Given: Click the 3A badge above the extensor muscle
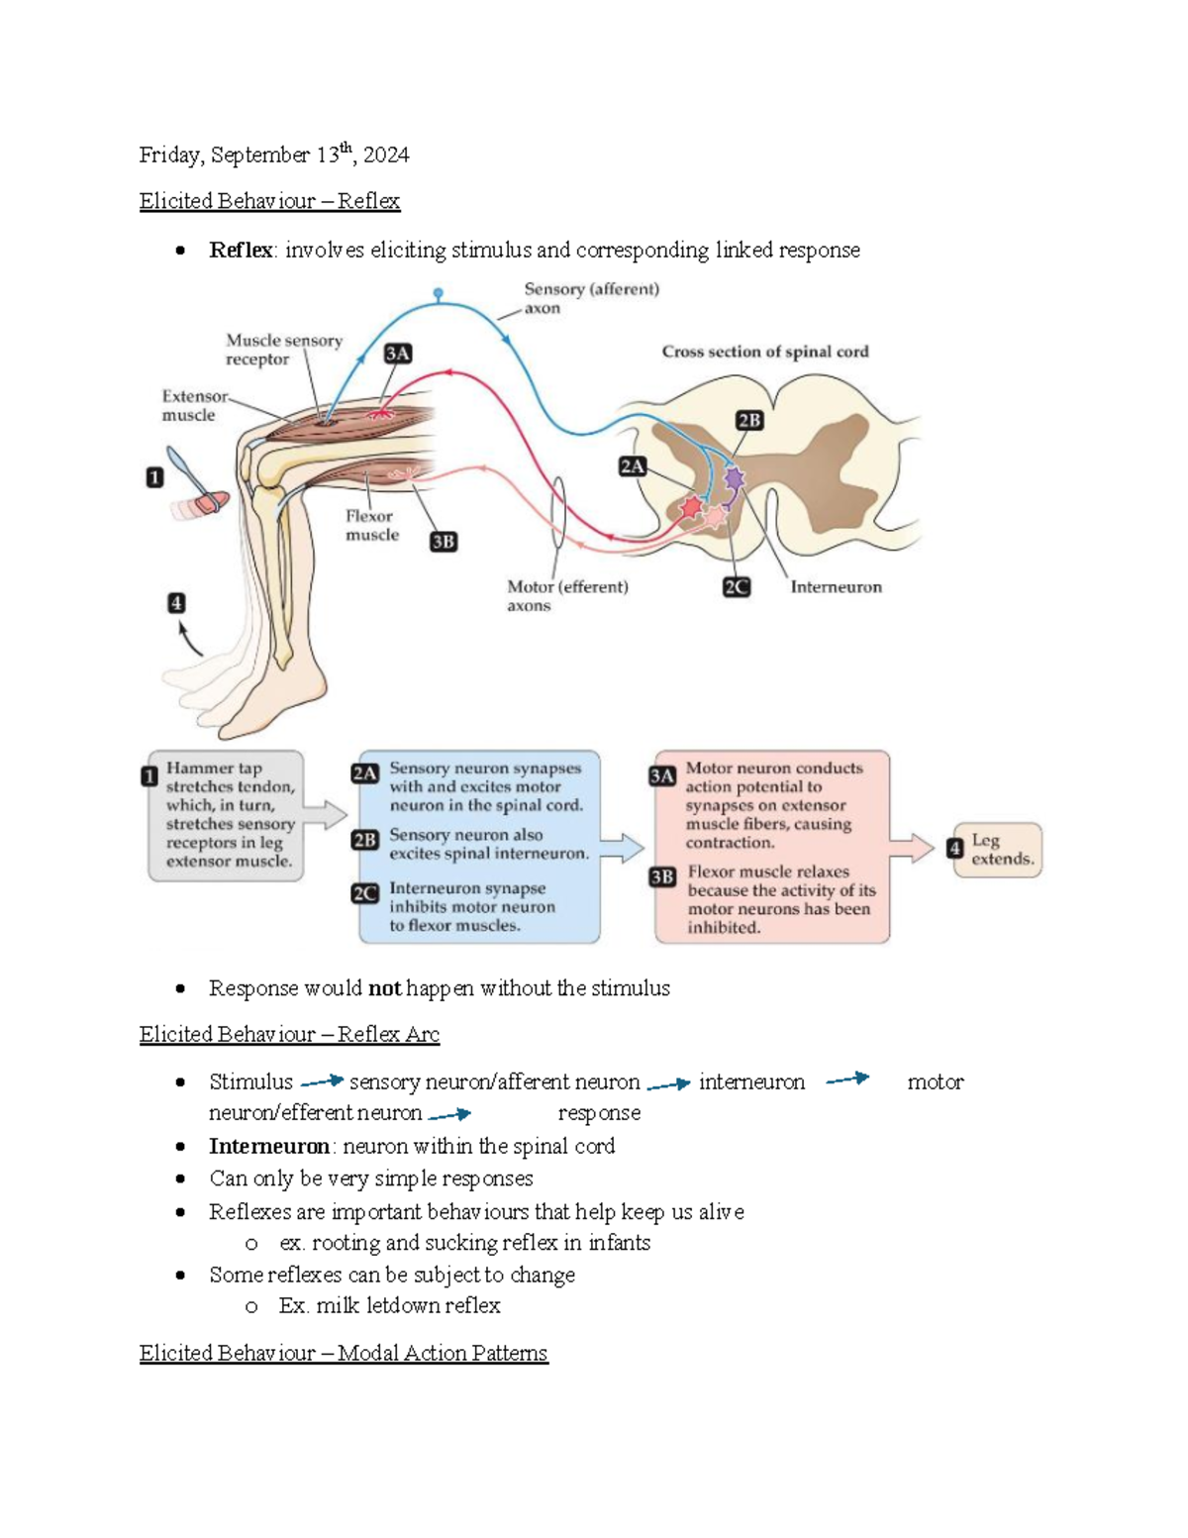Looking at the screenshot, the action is point(398,354).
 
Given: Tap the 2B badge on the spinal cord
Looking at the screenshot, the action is point(749,421).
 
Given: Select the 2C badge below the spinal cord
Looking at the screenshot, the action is point(737,587).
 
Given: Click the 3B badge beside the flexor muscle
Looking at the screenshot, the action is point(444,542).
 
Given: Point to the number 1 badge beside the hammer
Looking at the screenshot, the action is point(154,477).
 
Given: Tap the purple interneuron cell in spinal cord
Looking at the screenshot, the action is point(734,479).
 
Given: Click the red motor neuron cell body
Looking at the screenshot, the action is point(691,507).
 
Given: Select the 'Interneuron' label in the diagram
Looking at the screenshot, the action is point(836,586).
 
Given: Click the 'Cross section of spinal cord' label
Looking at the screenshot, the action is point(765,352).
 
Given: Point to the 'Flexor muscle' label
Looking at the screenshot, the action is point(371,525).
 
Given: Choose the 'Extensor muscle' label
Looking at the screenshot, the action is point(195,406).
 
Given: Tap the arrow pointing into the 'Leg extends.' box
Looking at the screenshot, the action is point(912,848).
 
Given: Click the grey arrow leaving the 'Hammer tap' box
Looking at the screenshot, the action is point(326,815).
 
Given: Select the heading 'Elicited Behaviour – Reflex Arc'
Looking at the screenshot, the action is point(289,1034).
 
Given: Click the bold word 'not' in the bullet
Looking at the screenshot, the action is point(385,988).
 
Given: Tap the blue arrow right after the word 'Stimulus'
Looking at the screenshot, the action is point(322,1080).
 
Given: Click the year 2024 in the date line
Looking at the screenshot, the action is point(386,155).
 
